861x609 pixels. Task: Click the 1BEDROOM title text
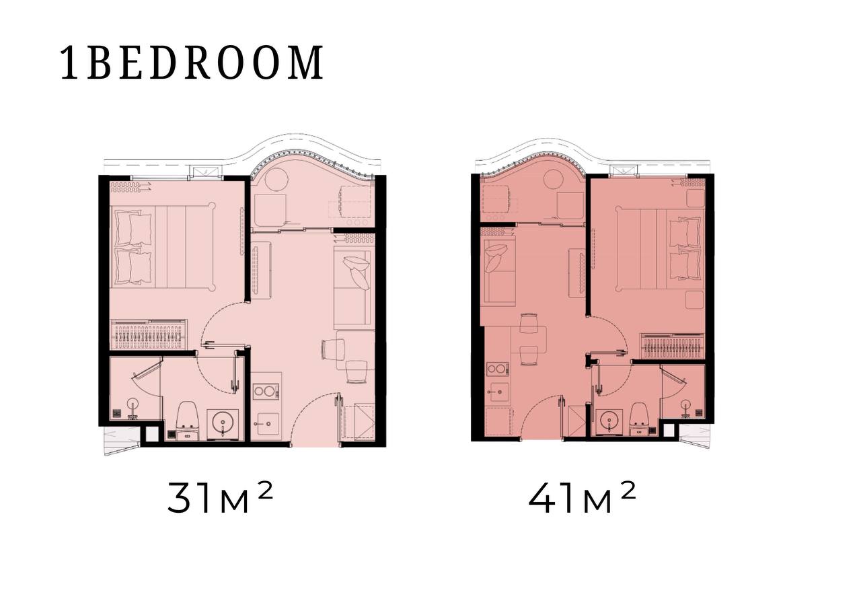(x=192, y=63)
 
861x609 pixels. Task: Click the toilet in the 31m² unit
(x=187, y=420)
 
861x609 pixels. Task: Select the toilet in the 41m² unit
(x=639, y=419)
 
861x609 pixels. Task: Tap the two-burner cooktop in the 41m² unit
(x=497, y=369)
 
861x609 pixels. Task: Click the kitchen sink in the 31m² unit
(x=268, y=424)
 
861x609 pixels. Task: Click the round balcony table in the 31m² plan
(x=276, y=179)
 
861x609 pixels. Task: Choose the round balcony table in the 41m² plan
(x=554, y=181)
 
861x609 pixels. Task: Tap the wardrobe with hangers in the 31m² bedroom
(x=149, y=334)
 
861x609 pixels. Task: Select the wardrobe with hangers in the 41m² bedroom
(x=672, y=347)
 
